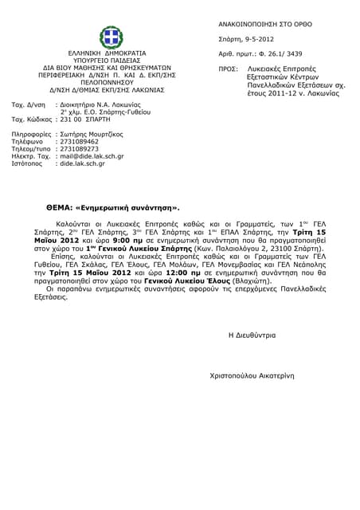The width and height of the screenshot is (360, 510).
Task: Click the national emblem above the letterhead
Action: tap(111, 36)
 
